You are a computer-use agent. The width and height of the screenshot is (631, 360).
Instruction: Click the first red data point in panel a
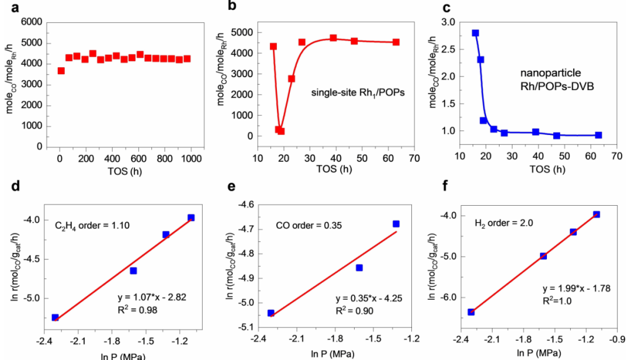[x=61, y=71]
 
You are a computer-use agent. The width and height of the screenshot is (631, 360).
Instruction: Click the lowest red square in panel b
[x=281, y=131]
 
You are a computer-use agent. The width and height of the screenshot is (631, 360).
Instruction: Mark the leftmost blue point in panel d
[x=56, y=317]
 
